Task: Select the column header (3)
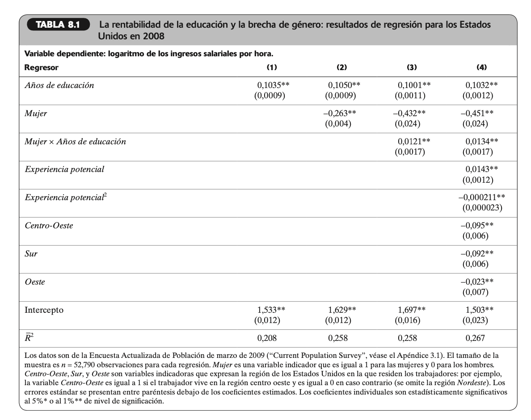[x=412, y=67]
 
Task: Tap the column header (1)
[x=272, y=67]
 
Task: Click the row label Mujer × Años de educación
[x=75, y=142]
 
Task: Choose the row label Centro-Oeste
[x=49, y=226]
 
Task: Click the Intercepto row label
[x=44, y=310]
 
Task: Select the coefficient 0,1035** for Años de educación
[x=270, y=85]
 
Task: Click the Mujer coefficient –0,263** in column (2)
[x=342, y=113]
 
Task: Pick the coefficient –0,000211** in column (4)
[x=482, y=197]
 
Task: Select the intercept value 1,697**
[x=411, y=310]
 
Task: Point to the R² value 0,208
[x=270, y=338]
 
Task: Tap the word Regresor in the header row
[x=41, y=67]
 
